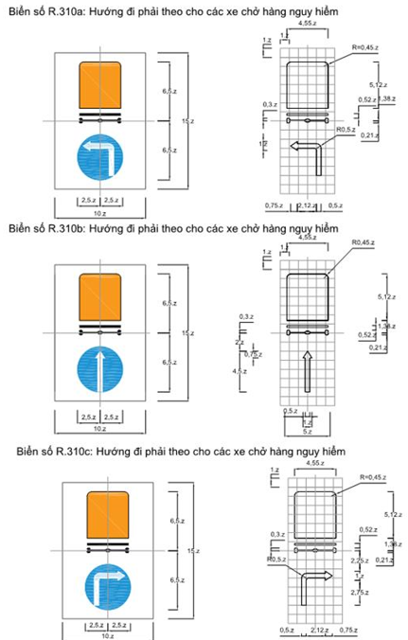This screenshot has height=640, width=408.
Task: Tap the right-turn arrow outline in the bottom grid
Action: [310, 582]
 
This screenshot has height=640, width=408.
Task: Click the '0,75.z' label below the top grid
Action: [274, 204]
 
